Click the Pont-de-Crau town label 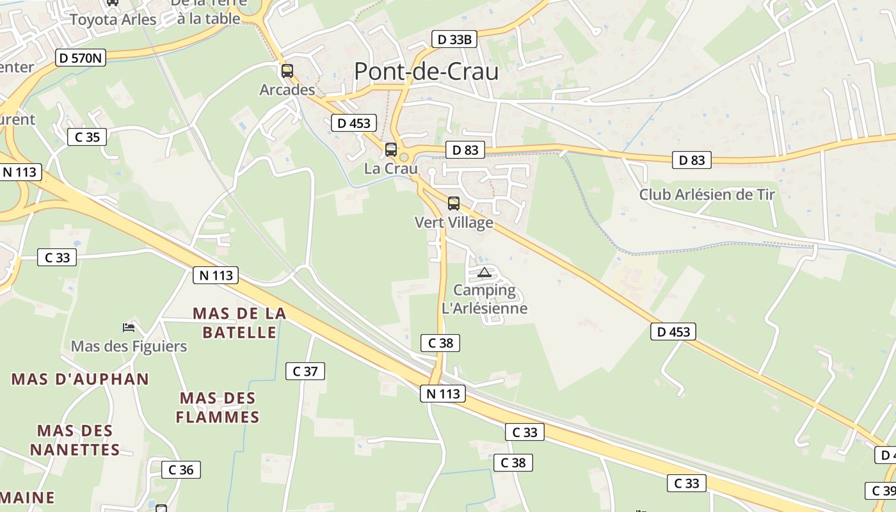[x=426, y=72]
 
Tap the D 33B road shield [x=454, y=40]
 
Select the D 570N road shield [x=81, y=58]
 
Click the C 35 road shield [x=87, y=137]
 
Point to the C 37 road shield [x=305, y=371]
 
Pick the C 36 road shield [x=180, y=470]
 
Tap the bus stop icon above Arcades [x=287, y=71]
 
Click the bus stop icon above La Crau [x=391, y=150]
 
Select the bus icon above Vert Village [x=454, y=204]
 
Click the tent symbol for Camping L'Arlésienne [x=484, y=273]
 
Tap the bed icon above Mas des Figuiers [x=129, y=328]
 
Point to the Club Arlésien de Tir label [x=707, y=195]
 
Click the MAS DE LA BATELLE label [x=239, y=323]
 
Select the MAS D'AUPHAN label [x=80, y=379]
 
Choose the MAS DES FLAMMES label [x=218, y=408]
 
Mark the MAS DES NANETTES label [x=75, y=440]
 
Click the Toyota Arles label [x=113, y=20]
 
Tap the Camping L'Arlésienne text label [x=484, y=300]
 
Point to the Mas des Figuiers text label [x=129, y=347]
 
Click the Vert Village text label [x=454, y=223]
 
